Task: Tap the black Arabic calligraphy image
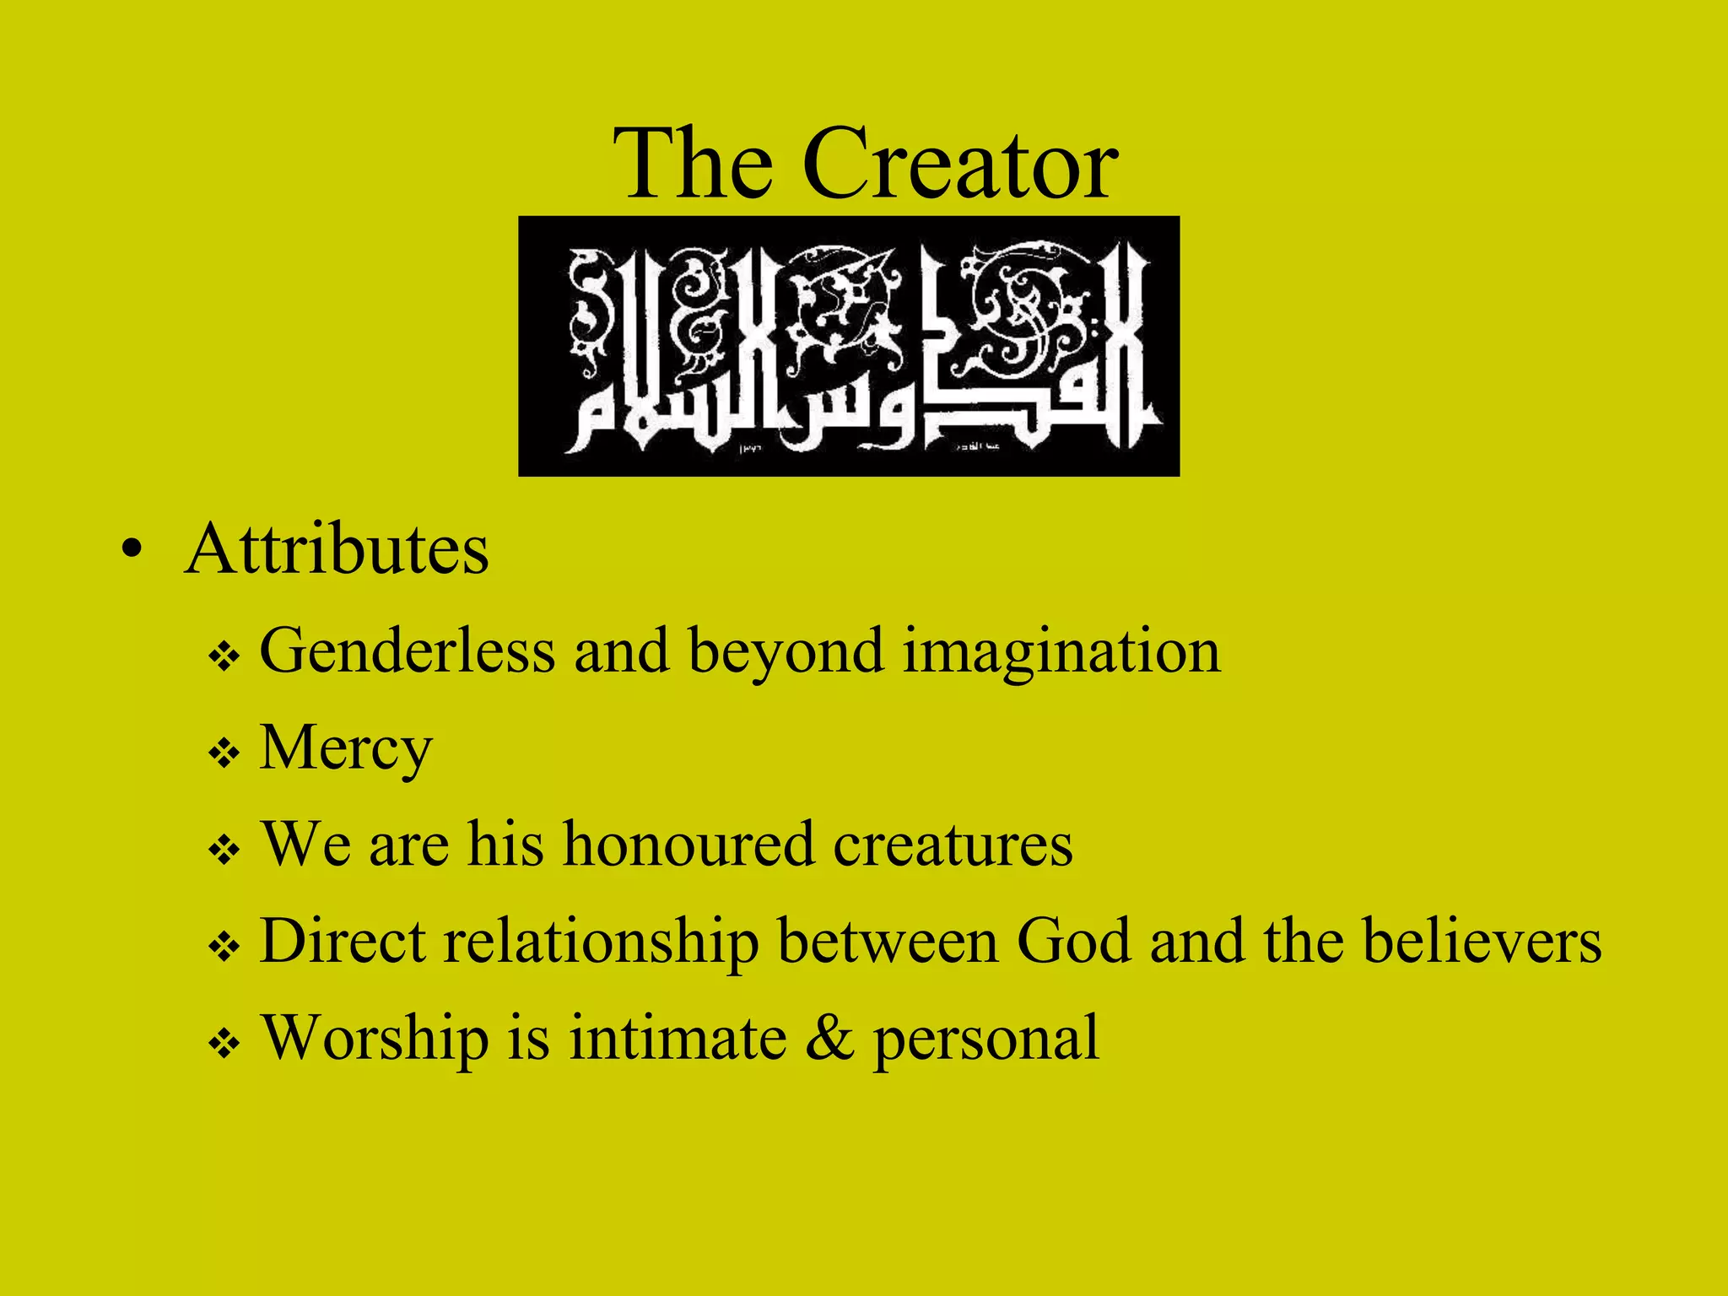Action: click(x=848, y=346)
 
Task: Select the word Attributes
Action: click(x=337, y=550)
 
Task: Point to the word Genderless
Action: click(x=408, y=651)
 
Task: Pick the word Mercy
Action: click(x=346, y=749)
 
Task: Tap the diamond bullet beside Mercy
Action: click(x=224, y=752)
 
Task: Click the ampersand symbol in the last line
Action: click(x=829, y=1039)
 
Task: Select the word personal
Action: click(x=985, y=1040)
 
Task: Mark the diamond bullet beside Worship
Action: click(x=224, y=1045)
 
